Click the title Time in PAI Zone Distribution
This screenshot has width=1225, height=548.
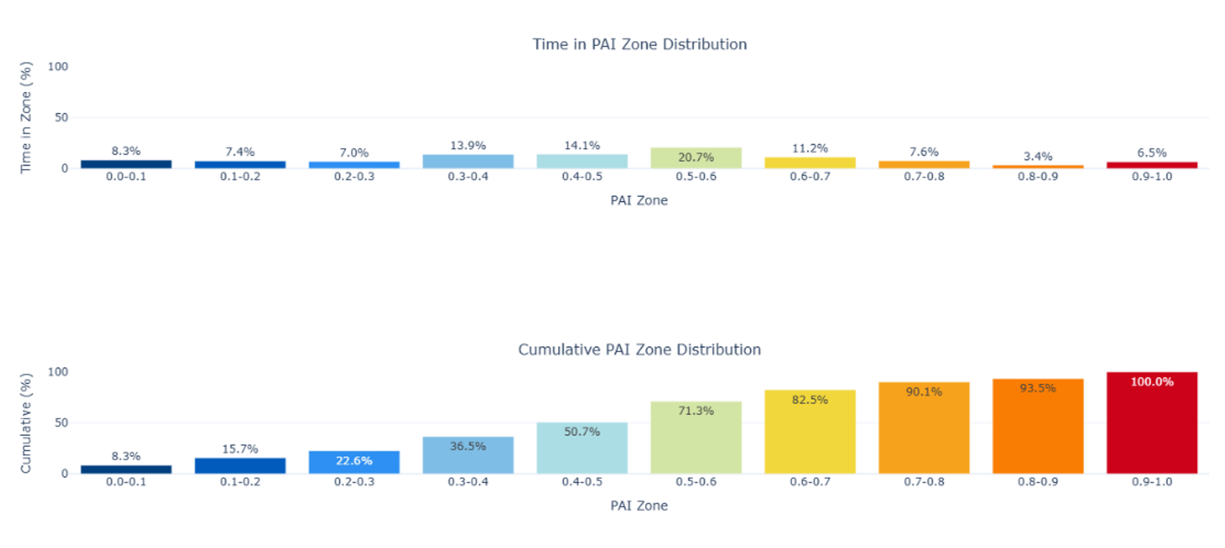[x=639, y=44]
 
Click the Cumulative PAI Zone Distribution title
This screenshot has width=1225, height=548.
[x=639, y=350]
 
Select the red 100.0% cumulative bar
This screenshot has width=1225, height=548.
[x=1151, y=429]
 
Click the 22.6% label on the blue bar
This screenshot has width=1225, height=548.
[x=354, y=461]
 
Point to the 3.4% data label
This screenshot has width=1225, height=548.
[x=1038, y=156]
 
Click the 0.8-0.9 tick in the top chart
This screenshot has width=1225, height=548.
[x=1038, y=176]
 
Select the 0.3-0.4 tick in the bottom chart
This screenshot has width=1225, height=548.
[x=468, y=482]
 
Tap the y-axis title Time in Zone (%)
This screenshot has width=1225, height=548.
[x=25, y=117]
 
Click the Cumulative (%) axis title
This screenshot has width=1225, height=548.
[x=25, y=423]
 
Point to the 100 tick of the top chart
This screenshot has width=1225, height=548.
[x=58, y=66]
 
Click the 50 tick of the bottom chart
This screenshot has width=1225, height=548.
[x=61, y=422]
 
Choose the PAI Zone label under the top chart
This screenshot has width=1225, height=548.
[x=639, y=200]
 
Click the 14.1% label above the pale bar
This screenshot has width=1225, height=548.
[x=582, y=145]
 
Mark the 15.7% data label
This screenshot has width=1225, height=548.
[x=240, y=449]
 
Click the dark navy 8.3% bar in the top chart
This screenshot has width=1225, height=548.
[x=126, y=164]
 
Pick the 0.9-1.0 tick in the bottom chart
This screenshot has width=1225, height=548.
[x=1151, y=482]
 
